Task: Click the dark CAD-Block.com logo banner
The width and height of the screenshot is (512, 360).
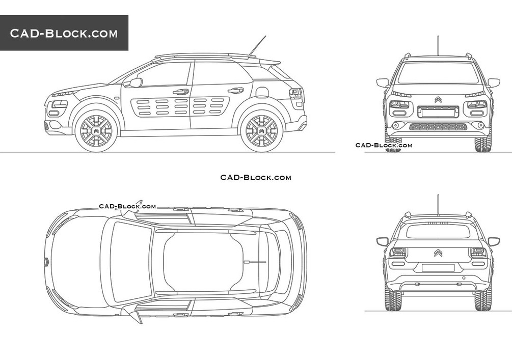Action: pyautogui.click(x=64, y=33)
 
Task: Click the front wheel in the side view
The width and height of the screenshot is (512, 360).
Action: pyautogui.click(x=96, y=131)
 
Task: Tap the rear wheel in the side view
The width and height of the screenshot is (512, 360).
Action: pyautogui.click(x=262, y=131)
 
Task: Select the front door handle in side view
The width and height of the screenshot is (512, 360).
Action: pyautogui.click(x=180, y=92)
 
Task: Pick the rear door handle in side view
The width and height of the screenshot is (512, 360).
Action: pyautogui.click(x=235, y=91)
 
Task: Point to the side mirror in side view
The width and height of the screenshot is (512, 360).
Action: pyautogui.click(x=135, y=82)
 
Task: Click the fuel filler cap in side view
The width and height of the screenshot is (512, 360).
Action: pyautogui.click(x=262, y=93)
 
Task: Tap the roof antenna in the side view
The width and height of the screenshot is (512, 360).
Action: pyautogui.click(x=258, y=45)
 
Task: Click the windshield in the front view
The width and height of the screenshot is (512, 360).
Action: pyautogui.click(x=438, y=73)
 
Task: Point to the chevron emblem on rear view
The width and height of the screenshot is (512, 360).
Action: pyautogui.click(x=438, y=253)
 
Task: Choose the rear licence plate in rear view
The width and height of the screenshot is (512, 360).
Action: pyautogui.click(x=438, y=267)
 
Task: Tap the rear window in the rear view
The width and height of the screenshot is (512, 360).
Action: pyautogui.click(x=438, y=232)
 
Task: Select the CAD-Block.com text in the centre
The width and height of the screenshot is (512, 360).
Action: pyautogui.click(x=256, y=177)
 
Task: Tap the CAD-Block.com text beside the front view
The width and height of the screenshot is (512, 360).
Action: pyautogui.click(x=384, y=145)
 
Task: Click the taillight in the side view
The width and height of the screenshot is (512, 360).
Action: pyautogui.click(x=294, y=95)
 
